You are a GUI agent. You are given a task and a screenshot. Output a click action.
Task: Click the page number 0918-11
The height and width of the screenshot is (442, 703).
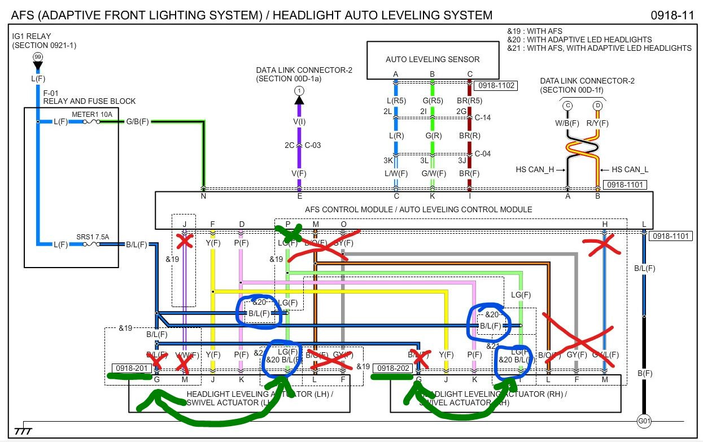point(672,15)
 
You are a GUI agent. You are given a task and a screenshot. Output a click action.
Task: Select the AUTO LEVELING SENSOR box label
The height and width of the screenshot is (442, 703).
point(433,59)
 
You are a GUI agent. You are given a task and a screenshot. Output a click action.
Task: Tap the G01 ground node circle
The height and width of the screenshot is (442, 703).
point(643,421)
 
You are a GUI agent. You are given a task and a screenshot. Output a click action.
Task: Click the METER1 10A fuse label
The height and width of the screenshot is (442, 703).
point(92,115)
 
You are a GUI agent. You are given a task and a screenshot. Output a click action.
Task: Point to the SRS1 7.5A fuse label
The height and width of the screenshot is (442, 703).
point(92,238)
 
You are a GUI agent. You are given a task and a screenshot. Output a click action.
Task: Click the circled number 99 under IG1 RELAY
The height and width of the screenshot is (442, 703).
point(38,57)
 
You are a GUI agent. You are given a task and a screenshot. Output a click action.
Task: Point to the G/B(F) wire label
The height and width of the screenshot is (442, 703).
point(137,121)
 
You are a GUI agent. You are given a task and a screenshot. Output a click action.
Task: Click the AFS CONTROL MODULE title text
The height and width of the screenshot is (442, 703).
point(418,209)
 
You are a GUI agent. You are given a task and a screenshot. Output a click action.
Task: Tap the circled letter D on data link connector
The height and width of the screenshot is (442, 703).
point(597,106)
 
